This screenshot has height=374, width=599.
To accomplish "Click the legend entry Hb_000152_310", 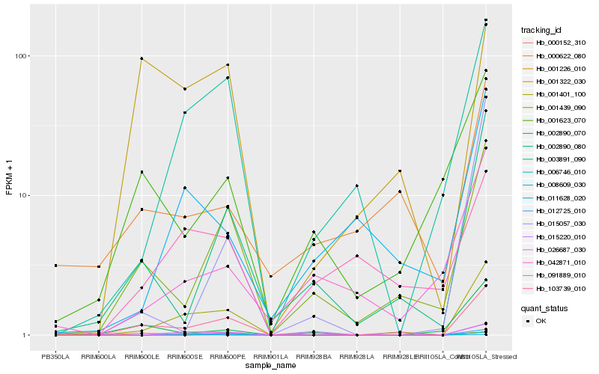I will pos(556,43).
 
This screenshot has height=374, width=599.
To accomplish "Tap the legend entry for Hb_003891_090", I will pos(556,159).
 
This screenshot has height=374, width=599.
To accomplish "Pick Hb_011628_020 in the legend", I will pos(556,198).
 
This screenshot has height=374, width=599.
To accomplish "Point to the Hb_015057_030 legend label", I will pos(556,224).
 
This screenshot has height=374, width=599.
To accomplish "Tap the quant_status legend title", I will pos(544,307).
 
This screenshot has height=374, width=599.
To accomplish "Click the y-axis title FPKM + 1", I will pos(9,177).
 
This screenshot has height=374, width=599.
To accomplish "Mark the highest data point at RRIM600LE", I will pos(142,58).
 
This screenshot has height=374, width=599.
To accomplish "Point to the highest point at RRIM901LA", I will pos(271,277).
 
